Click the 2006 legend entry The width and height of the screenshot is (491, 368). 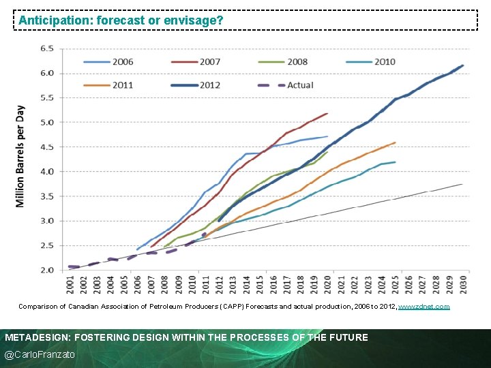pyautogui.click(x=109, y=61)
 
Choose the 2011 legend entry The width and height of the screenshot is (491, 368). pyautogui.click(x=109, y=85)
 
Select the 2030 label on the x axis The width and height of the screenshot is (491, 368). pyautogui.click(x=463, y=284)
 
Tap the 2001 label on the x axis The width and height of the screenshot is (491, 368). pyautogui.click(x=70, y=284)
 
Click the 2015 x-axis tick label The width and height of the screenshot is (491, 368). pyautogui.click(x=260, y=284)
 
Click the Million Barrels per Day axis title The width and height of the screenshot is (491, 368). pyautogui.click(x=20, y=157)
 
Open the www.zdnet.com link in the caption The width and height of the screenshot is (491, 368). pyautogui.click(x=423, y=307)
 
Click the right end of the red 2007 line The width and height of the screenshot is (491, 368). pyautogui.click(x=327, y=113)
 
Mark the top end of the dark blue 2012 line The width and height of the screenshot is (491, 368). pyautogui.click(x=463, y=65)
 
